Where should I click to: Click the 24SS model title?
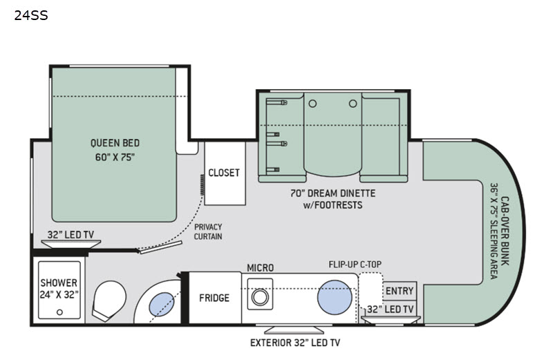point(31,15)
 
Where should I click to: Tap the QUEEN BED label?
point(115,143)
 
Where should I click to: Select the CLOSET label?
point(224,173)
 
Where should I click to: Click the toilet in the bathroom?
point(109,301)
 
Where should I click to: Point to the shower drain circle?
point(59,312)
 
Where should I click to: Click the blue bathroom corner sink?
point(162,304)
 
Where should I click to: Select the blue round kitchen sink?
point(335,297)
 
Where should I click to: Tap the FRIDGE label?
point(214,299)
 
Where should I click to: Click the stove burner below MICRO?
point(260,297)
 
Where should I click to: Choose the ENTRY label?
point(400,291)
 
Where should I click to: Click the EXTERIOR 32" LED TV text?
point(295,343)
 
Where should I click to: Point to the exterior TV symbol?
point(294,330)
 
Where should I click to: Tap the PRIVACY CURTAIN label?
point(208,231)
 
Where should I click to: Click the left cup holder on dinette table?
point(312,104)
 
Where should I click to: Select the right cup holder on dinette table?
point(353,104)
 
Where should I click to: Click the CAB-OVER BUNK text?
point(505,231)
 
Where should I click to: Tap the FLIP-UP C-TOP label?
point(355,265)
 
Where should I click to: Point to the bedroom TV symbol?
point(71,244)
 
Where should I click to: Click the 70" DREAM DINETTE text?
point(333,193)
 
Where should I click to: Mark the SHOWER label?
point(59,283)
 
